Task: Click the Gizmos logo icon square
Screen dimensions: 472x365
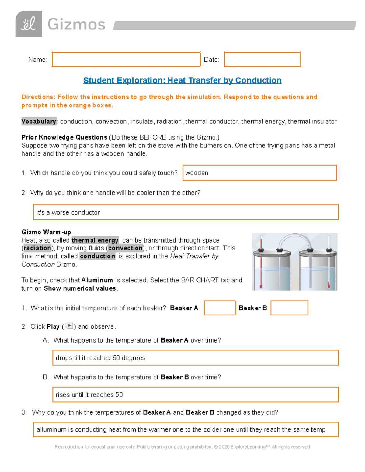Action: point(29,24)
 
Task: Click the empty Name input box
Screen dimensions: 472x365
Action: point(126,59)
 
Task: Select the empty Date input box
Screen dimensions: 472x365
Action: point(262,59)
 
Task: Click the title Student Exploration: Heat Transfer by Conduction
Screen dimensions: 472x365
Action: point(182,81)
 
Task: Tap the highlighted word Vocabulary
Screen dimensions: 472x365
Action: point(39,122)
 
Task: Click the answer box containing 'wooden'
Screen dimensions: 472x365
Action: point(259,173)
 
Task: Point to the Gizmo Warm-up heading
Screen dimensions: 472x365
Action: point(46,232)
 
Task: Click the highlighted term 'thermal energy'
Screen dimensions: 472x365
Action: point(95,240)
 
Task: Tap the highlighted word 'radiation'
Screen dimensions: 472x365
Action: point(37,248)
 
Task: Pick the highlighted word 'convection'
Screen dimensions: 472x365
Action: point(125,248)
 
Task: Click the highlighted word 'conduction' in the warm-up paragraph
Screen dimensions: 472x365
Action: point(97,256)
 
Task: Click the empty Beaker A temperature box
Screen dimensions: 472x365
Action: point(220,308)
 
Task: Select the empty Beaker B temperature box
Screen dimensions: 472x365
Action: point(289,308)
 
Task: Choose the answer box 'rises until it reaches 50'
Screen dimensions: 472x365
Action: point(195,394)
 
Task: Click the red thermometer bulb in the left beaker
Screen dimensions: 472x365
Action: point(261,286)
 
